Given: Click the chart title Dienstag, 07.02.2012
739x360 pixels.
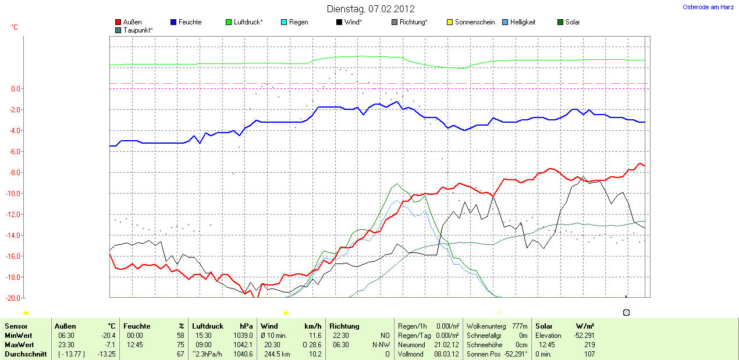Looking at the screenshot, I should tap(371, 9).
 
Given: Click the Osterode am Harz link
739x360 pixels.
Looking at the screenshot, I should tap(708, 7).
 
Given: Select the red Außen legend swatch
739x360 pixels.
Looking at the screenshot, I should tap(118, 22).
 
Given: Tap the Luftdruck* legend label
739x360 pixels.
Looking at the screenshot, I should tap(248, 22).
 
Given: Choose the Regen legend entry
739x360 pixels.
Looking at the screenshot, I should tap(299, 22).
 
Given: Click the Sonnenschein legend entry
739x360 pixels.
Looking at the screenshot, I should tap(474, 22).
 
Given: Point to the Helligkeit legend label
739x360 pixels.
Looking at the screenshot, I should tap(523, 22).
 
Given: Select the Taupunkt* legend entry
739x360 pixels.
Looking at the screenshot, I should tap(138, 30).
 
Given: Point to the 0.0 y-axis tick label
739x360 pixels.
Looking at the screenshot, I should tap(16, 89).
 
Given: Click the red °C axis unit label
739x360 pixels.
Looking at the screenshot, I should tap(15, 27).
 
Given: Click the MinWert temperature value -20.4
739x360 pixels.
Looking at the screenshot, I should tap(108, 336).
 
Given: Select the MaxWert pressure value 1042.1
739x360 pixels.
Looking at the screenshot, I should tap(242, 345).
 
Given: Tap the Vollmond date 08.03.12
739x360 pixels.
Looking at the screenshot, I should tap(447, 354).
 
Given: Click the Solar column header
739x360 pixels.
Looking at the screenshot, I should tap(544, 326).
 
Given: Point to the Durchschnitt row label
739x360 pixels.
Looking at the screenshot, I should tap(26, 354).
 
